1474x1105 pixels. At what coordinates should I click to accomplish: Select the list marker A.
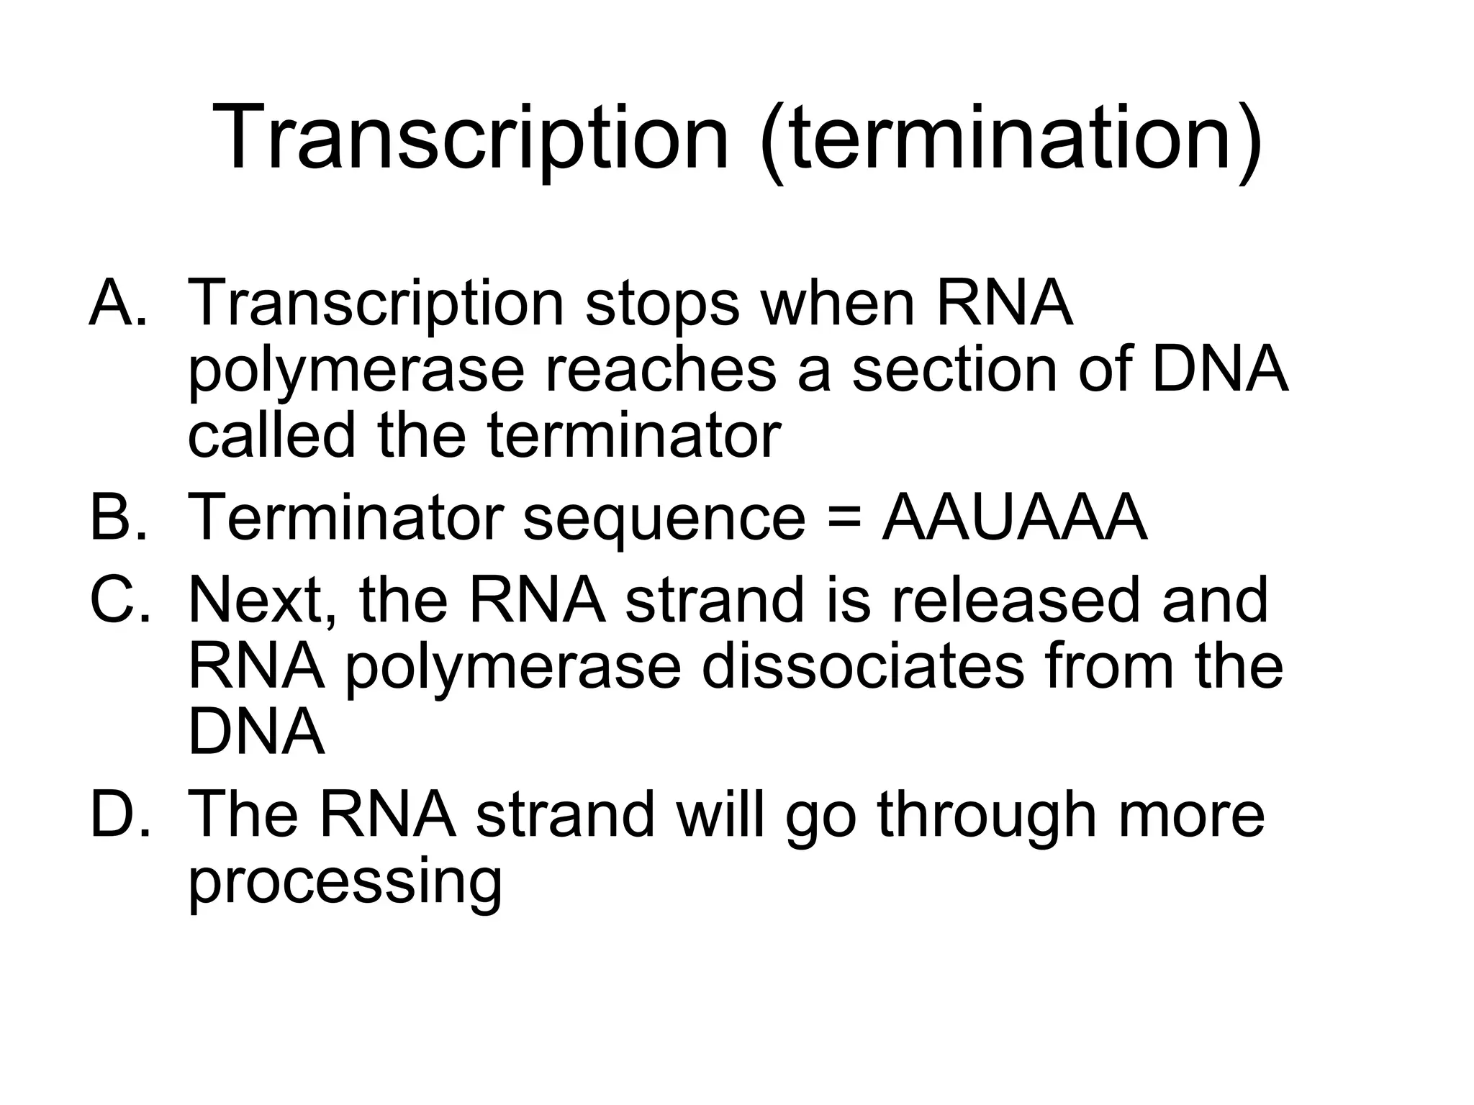[119, 303]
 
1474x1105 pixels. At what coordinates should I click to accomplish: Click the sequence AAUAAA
[1014, 517]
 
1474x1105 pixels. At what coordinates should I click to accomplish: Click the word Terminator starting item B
[344, 517]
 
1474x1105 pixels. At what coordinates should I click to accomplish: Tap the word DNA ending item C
[256, 732]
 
